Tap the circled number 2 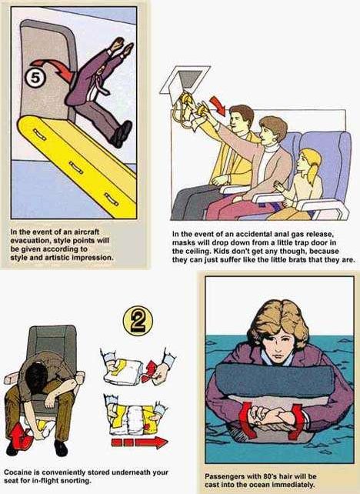point(138,321)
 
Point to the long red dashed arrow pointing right point(139,442)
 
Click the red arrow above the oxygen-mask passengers point(218,105)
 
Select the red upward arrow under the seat point(19,437)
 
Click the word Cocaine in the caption point(17,472)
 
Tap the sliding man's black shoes point(122,134)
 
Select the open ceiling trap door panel point(185,79)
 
